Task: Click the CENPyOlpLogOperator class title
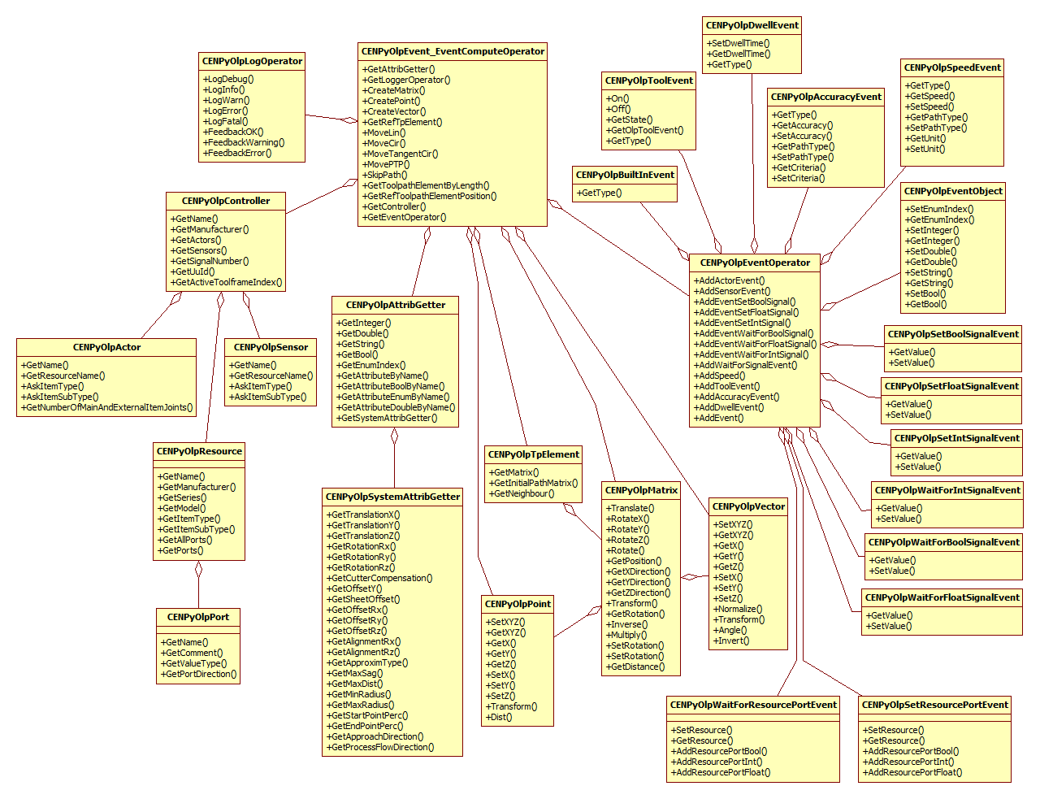pos(252,61)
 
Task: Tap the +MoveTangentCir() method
pos(400,154)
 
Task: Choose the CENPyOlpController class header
pos(226,201)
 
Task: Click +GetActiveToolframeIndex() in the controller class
pos(226,282)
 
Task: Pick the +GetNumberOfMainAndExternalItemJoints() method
pos(106,407)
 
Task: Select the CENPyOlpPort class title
pos(198,617)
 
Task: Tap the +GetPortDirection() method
pos(198,674)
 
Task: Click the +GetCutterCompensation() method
pos(379,578)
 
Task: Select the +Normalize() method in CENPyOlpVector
pos(737,609)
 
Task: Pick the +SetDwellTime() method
pos(738,43)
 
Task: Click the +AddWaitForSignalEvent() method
pos(745,365)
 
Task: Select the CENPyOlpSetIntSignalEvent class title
pos(956,438)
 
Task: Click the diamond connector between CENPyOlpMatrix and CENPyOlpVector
pos(691,577)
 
